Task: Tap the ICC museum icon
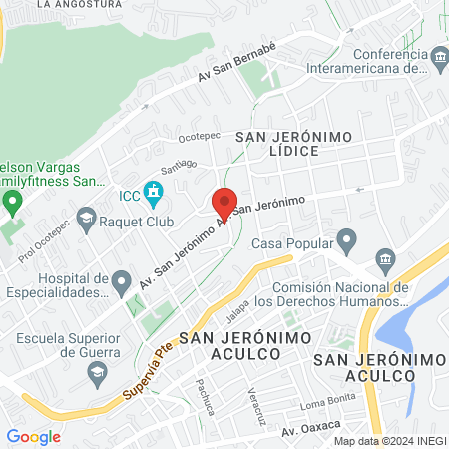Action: (153, 190)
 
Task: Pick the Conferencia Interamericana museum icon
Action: (439, 62)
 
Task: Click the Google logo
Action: (33, 436)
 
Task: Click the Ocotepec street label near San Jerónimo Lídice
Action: (198, 138)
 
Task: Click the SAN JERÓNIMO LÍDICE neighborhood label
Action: (278, 142)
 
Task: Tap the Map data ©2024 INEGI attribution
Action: (389, 440)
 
